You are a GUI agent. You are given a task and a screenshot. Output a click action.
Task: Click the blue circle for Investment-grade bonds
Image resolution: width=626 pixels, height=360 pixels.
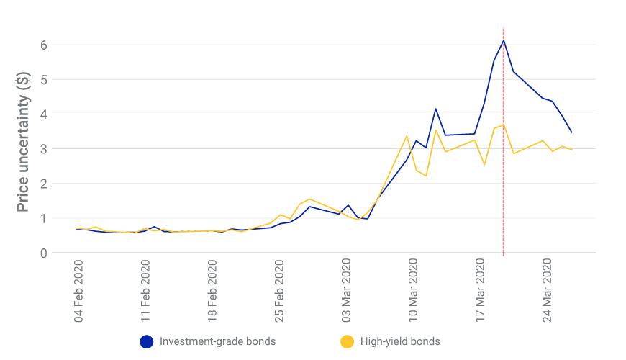(147, 341)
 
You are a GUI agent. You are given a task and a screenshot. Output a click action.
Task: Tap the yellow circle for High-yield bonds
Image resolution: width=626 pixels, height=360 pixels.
(348, 341)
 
